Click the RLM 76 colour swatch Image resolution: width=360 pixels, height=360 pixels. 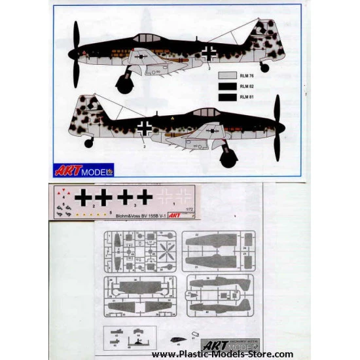click(228, 75)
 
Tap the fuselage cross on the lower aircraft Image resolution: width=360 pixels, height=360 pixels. click(143, 126)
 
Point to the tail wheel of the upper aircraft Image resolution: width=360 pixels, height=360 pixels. click(264, 67)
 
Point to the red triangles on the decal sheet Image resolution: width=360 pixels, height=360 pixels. click(63, 193)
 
